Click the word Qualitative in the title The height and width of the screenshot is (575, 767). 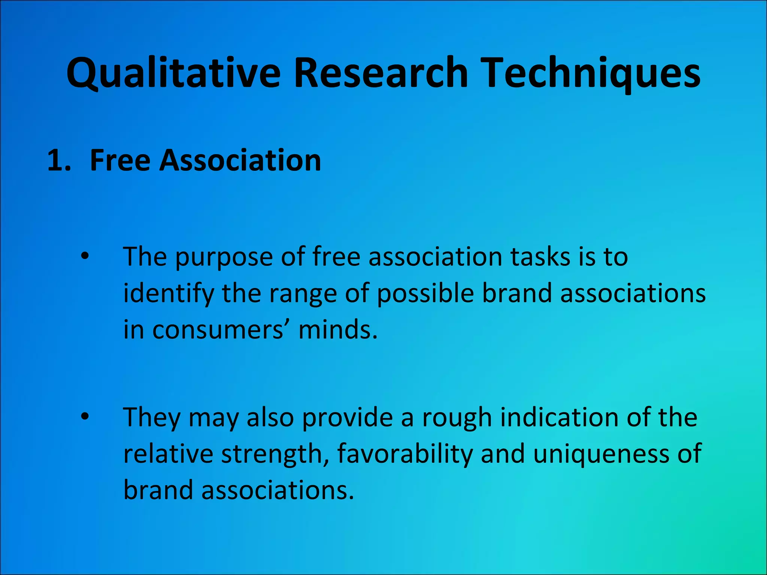[x=173, y=73]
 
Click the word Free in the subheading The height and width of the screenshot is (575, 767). [x=120, y=160]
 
